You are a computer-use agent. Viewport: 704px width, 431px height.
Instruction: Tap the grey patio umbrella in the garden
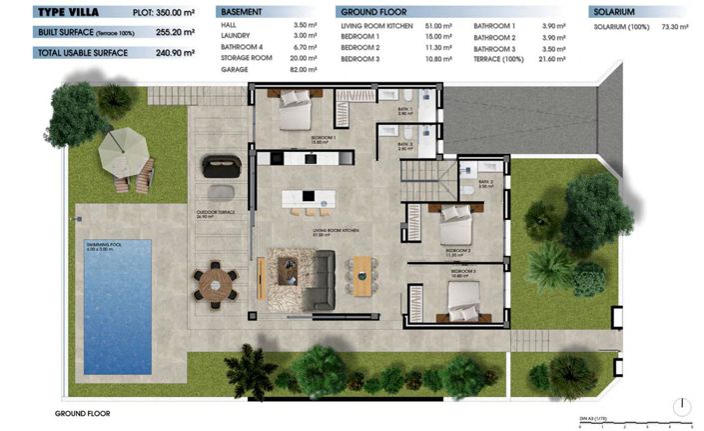pyautogui.click(x=123, y=150)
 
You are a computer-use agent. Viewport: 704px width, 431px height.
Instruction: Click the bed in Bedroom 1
pyautogui.click(x=298, y=112)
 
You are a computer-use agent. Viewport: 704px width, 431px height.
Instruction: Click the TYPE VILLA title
pyautogui.click(x=67, y=12)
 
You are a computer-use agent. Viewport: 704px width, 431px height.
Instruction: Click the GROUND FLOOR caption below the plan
pyautogui.click(x=81, y=412)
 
